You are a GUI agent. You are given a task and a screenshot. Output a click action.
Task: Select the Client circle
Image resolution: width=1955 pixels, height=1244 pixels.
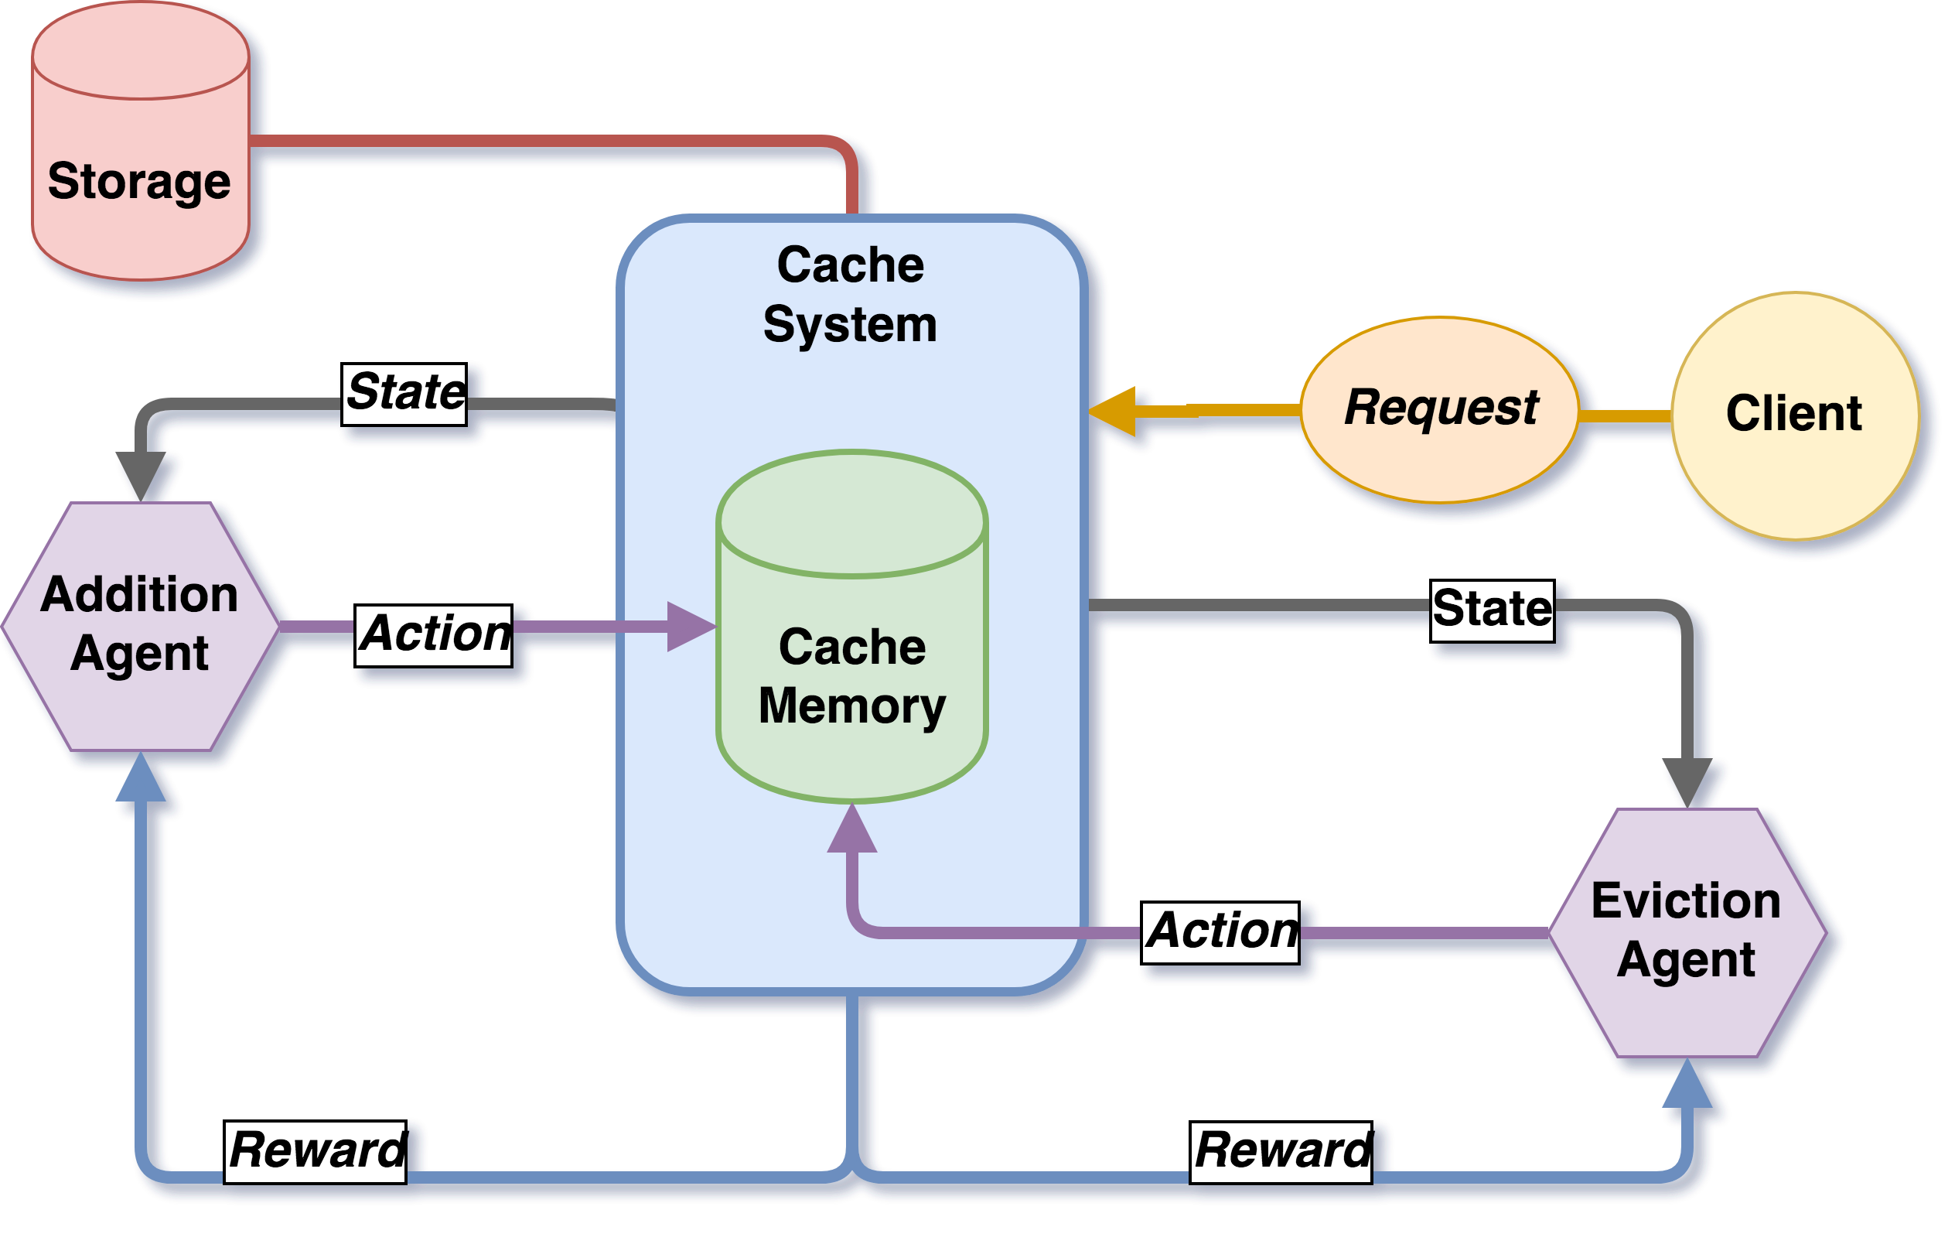(1795, 415)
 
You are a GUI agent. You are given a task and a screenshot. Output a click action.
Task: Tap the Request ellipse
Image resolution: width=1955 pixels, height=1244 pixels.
(1440, 409)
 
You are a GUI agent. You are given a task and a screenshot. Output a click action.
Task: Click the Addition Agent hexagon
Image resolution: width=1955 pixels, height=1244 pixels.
(141, 625)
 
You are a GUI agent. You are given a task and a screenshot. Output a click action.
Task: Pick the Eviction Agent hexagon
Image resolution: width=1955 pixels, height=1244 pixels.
(1687, 932)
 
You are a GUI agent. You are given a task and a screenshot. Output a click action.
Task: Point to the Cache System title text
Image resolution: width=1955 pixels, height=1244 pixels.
(850, 294)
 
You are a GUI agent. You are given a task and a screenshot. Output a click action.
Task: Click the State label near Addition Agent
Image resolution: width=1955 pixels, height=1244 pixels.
(404, 394)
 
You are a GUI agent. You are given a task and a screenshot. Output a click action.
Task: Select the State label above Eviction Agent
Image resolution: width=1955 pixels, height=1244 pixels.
(1493, 610)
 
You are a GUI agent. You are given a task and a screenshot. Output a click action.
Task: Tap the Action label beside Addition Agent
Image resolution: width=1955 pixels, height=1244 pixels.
(435, 636)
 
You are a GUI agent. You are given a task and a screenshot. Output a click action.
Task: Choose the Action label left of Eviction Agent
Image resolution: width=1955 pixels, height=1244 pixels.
(1220, 932)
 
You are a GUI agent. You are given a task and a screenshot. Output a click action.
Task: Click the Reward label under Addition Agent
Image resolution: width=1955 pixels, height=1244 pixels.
(315, 1151)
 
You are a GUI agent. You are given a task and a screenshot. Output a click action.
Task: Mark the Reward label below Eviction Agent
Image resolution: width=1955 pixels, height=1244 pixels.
(1281, 1151)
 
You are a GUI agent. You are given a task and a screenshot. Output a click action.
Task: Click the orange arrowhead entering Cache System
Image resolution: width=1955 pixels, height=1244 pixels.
(1114, 412)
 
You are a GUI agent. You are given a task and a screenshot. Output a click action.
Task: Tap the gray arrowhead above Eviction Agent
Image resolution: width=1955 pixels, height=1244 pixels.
(1687, 781)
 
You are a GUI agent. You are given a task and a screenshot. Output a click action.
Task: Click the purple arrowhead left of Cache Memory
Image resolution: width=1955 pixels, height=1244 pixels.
(690, 626)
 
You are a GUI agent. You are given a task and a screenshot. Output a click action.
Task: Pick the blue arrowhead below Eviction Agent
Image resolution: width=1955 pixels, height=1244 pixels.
(1687, 1085)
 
